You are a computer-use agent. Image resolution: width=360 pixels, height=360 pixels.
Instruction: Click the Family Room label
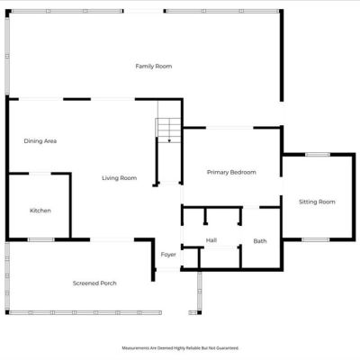pos(154,67)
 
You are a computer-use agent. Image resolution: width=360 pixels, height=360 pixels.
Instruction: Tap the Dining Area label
pos(40,141)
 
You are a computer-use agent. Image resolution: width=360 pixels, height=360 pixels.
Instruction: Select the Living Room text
pos(120,178)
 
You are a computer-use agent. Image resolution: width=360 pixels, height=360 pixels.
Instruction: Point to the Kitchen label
pos(40,211)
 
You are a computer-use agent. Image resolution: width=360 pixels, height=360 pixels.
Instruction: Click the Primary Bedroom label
pos(231,173)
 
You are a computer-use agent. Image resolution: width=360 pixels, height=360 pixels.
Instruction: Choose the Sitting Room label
pos(317,202)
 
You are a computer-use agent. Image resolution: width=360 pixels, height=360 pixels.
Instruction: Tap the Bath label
pos(260,241)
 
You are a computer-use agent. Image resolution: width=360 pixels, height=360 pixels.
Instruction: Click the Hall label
pos(211,240)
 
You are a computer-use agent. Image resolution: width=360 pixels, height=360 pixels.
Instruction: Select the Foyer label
pos(168,255)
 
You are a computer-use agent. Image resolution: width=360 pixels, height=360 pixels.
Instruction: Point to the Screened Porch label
pos(94,283)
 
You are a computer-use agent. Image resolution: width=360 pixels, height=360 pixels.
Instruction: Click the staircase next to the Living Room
pos(168,130)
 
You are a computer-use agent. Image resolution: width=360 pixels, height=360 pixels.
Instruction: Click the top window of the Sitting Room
pos(318,155)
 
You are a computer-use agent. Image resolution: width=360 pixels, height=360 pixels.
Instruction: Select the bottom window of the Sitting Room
pos(315,239)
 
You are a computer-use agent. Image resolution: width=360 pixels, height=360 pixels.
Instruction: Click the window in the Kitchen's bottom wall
pos(41,239)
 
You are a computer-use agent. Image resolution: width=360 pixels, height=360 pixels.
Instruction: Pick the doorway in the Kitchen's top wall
pos(40,174)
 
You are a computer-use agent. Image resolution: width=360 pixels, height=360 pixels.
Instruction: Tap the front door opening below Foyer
pos(168,270)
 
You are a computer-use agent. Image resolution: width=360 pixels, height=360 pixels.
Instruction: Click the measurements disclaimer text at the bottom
pos(180,348)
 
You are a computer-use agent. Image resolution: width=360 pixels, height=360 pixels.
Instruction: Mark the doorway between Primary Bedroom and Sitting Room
pos(282,186)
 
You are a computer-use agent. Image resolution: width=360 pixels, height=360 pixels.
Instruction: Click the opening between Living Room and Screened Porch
pos(112,239)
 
